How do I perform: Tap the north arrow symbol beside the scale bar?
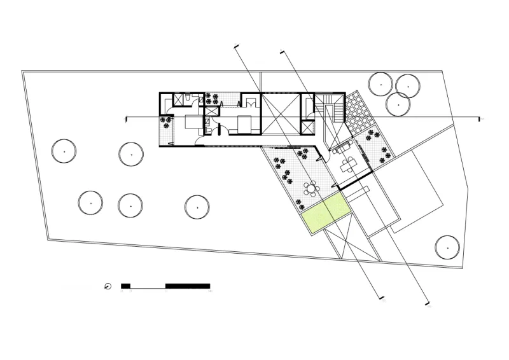pyautogui.click(x=108, y=286)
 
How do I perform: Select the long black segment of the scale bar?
pyautogui.click(x=188, y=286)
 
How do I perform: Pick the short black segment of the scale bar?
pyautogui.click(x=125, y=286)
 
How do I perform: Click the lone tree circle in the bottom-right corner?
pyautogui.click(x=447, y=247)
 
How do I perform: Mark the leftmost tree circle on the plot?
pyautogui.click(x=64, y=151)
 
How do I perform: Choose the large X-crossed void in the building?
pyautogui.click(x=280, y=114)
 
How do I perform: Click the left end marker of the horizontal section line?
pyautogui.click(x=127, y=118)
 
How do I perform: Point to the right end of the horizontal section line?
pyautogui.click(x=480, y=118)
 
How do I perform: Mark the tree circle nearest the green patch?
pyautogui.click(x=197, y=205)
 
